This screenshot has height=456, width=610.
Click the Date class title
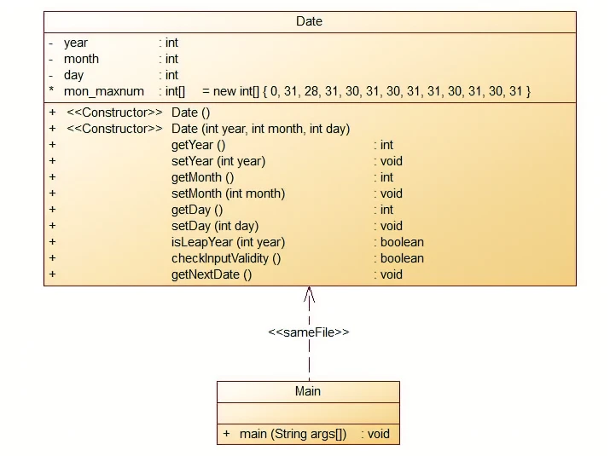pos(309,21)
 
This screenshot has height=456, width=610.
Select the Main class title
pos(308,391)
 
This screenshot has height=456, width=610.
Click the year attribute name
pos(75,43)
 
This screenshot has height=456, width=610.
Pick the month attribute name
pos(81,59)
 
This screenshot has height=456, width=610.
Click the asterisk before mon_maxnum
pos(51,91)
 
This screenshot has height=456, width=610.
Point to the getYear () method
pos(198,145)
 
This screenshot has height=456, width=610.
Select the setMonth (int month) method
pos(228,193)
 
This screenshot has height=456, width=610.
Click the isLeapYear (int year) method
pos(228,242)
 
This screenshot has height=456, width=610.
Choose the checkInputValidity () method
pos(226,258)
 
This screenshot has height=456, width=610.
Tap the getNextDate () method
pos(212,274)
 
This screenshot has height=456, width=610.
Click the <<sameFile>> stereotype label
pos(309,332)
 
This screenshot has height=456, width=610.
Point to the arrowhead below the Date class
pos(309,295)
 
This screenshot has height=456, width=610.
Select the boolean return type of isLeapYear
pos(402,242)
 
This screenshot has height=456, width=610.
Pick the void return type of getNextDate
pos(391,274)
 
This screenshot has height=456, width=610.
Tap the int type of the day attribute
pos(171,75)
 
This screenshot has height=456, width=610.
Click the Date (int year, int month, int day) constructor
pos(260,129)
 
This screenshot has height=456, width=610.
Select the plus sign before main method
pos(226,434)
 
